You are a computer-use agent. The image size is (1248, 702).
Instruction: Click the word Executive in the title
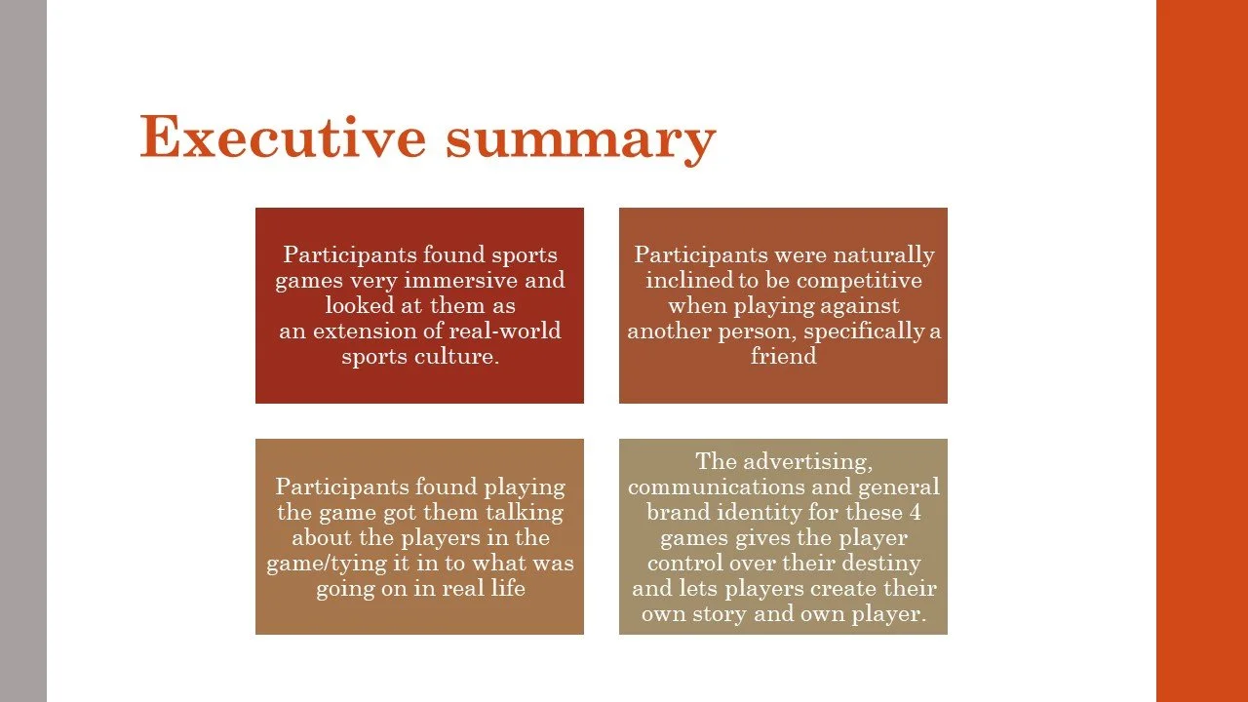(x=284, y=137)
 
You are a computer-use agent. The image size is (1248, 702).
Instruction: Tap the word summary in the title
(x=581, y=139)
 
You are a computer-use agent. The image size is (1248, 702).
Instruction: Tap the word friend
(x=783, y=357)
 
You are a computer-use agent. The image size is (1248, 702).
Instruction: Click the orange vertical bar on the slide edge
(x=1201, y=351)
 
